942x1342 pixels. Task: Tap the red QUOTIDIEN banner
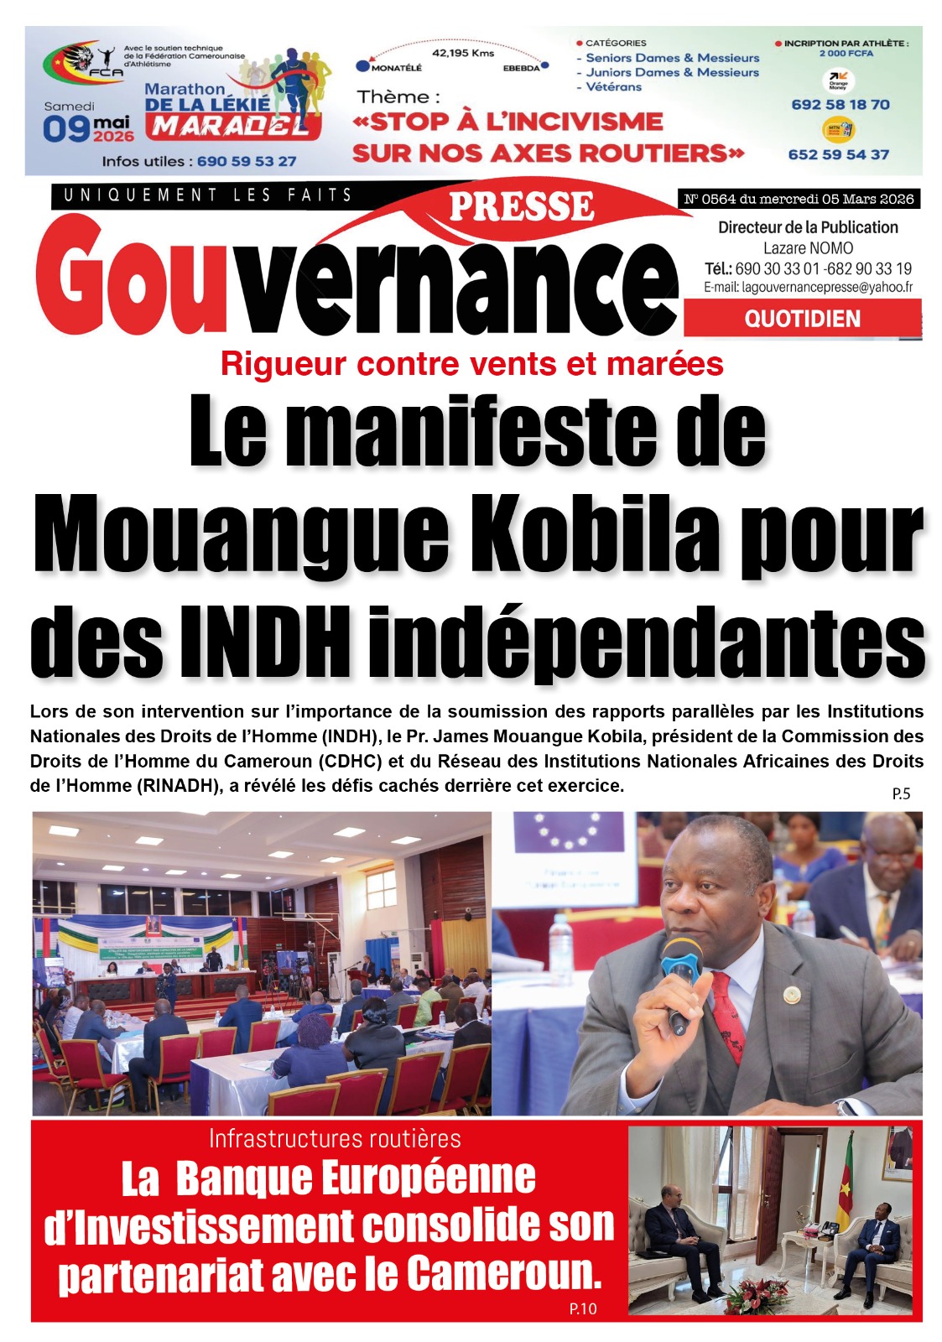pos(802,319)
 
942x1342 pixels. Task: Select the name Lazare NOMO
pos(808,248)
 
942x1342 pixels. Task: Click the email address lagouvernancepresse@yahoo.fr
pos(808,287)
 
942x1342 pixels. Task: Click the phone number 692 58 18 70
pos(840,105)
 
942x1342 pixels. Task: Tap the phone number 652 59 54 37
pos(838,154)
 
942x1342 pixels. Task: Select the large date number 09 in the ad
pos(65,129)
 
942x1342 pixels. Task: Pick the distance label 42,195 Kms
pos(462,53)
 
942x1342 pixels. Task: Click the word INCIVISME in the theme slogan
pos(574,122)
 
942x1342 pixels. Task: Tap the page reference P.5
pos(901,793)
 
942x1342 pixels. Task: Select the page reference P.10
pos(582,1308)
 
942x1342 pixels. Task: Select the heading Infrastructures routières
pos(335,1138)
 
